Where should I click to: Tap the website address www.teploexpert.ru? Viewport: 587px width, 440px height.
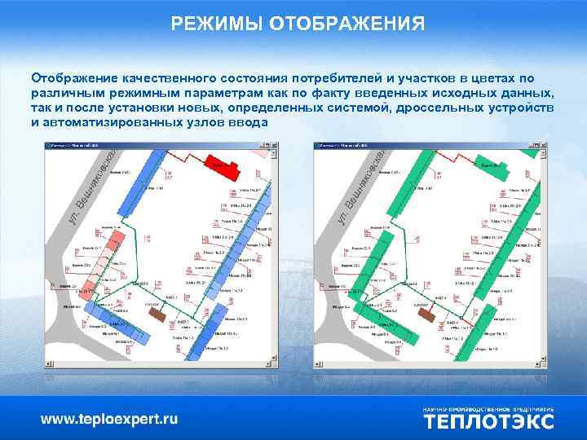click(x=109, y=420)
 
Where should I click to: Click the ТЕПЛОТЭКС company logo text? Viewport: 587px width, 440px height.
click(x=488, y=421)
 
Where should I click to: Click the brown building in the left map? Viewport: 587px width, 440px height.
click(x=156, y=312)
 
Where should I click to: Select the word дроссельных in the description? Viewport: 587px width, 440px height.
click(x=435, y=108)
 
